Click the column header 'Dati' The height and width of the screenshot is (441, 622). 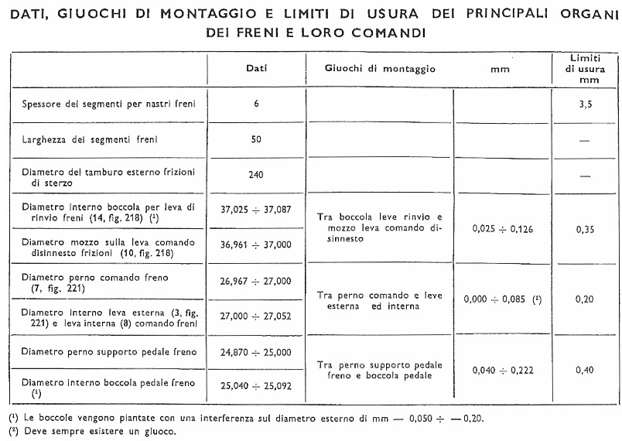257,69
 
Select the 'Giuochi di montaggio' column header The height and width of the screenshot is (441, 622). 379,69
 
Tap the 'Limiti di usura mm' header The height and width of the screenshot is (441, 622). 585,69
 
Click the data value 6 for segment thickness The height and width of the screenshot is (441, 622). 256,105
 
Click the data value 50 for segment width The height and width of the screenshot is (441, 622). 256,139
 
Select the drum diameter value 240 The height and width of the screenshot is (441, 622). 256,174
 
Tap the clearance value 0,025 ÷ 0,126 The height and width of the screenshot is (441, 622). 499,229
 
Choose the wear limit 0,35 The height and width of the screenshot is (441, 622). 585,229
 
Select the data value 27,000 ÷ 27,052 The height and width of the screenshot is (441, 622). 256,316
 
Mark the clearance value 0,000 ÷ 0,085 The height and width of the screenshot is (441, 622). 499,299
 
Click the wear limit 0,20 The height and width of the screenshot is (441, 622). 585,299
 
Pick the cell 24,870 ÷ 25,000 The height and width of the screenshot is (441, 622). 256,352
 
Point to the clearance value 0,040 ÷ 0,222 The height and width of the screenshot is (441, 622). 499,370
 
